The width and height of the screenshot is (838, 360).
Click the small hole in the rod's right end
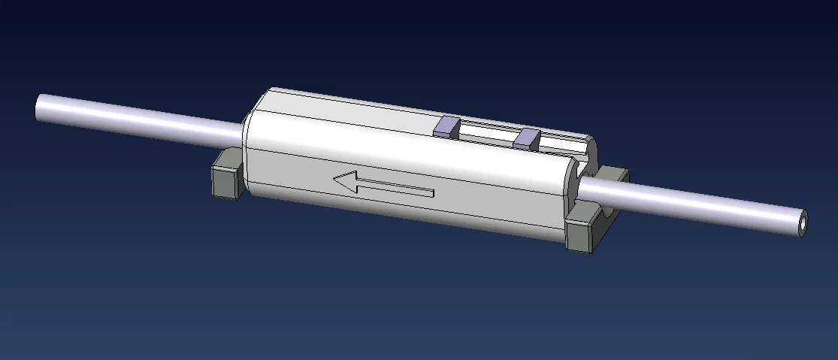pyautogui.click(x=803, y=222)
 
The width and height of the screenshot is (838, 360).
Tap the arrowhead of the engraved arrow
pyautogui.click(x=346, y=181)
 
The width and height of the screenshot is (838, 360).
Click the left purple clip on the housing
pyautogui.click(x=446, y=126)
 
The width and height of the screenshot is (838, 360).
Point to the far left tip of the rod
pyautogui.click(x=38, y=106)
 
